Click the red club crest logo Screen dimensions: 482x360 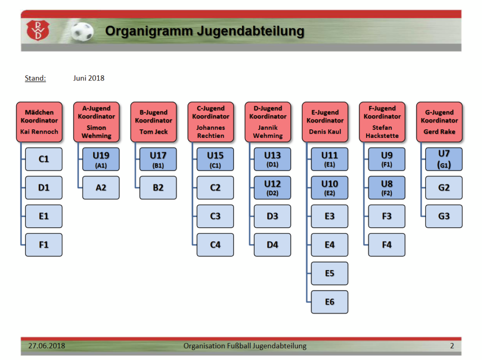(x=38, y=30)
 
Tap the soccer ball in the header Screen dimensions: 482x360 (x=82, y=32)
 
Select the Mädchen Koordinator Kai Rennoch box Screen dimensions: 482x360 (x=40, y=122)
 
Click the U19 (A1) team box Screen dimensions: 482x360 (x=101, y=159)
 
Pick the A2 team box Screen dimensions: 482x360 (x=101, y=188)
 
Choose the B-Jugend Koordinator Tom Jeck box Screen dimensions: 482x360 (x=154, y=122)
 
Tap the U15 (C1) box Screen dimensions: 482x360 (x=215, y=159)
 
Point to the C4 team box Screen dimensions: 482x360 (x=215, y=245)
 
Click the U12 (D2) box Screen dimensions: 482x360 (x=273, y=188)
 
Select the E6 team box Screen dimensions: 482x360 (x=329, y=302)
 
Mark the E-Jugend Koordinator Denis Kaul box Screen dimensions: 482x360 (x=325, y=122)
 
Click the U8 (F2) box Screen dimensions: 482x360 (x=387, y=188)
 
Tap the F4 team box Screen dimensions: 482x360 (x=387, y=245)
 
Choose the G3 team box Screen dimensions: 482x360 (x=444, y=216)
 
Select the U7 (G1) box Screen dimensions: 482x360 (x=444, y=159)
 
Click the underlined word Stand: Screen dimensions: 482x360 (x=35, y=78)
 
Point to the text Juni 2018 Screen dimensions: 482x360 (x=89, y=78)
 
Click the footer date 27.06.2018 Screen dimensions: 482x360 (x=47, y=346)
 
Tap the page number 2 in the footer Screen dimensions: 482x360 (x=452, y=346)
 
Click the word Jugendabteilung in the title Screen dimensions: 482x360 (x=250, y=32)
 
